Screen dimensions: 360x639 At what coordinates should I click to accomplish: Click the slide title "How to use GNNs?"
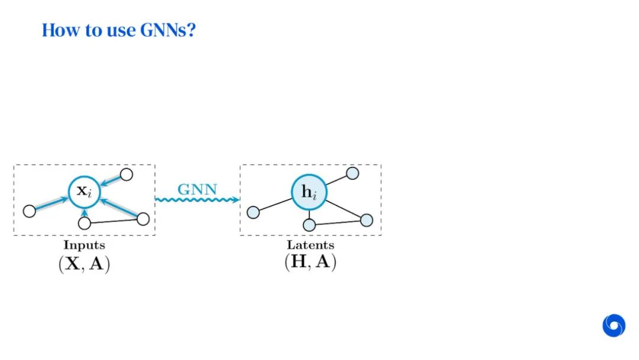(x=118, y=30)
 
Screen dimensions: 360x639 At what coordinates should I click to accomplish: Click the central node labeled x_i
(x=84, y=191)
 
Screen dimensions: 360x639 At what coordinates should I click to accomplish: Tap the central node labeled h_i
(x=308, y=192)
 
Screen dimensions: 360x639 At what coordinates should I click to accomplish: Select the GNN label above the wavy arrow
(x=198, y=190)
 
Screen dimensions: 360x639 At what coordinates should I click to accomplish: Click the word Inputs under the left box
(x=84, y=245)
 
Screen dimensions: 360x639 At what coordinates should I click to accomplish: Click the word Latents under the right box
(x=311, y=245)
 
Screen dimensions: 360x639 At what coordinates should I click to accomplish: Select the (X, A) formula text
(x=84, y=263)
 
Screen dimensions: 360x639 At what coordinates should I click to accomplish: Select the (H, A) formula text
(x=311, y=262)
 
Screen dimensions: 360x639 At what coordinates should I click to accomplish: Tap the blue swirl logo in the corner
(x=614, y=326)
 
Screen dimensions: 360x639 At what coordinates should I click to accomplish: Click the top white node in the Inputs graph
(x=126, y=174)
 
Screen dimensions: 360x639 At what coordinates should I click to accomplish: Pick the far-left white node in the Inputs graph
(x=29, y=211)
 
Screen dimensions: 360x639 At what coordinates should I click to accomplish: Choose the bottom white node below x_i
(x=85, y=223)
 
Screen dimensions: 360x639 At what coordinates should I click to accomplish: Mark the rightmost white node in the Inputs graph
(x=143, y=219)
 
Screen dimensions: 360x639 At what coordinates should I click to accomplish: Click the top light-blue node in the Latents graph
(x=352, y=173)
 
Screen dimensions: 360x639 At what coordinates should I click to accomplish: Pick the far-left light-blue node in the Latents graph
(x=253, y=212)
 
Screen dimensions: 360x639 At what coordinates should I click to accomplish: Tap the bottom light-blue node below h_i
(x=309, y=225)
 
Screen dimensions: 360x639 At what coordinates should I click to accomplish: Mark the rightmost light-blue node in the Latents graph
(x=366, y=220)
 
